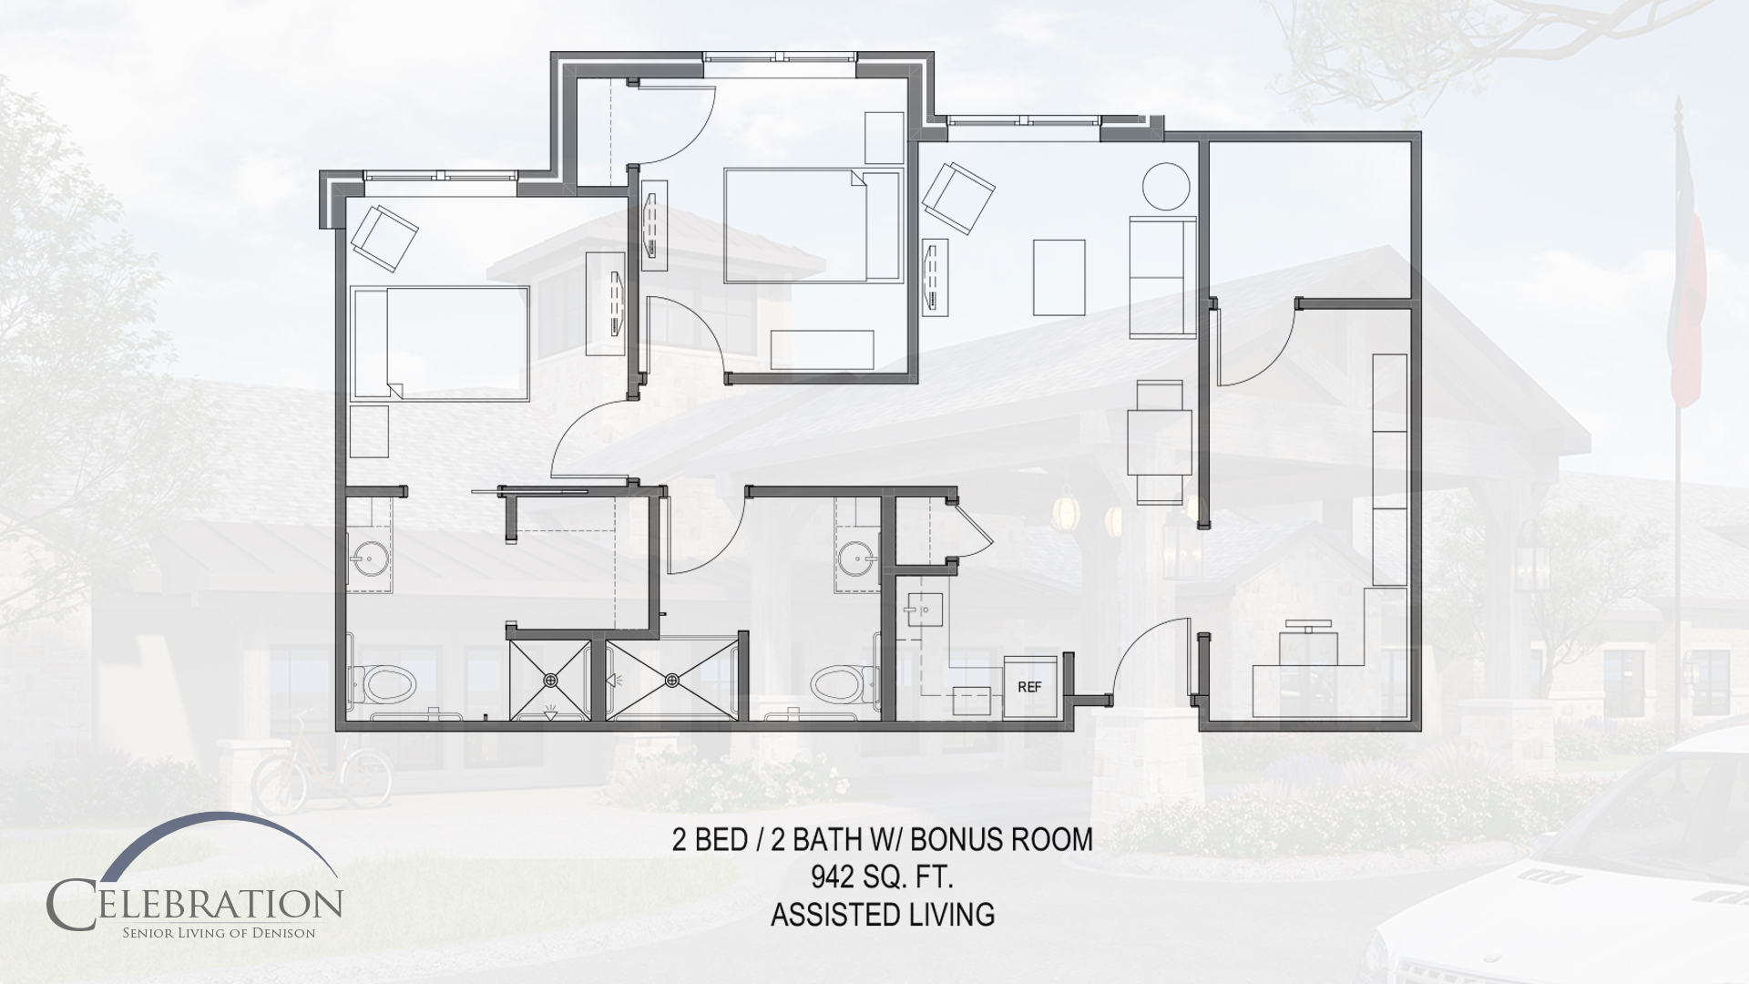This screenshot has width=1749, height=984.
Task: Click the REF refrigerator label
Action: click(1029, 688)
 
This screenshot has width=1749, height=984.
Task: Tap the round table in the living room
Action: click(1167, 187)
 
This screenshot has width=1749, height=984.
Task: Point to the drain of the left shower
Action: click(551, 680)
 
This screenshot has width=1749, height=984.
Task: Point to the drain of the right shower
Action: click(672, 680)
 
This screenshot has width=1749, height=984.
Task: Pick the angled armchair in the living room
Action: click(957, 200)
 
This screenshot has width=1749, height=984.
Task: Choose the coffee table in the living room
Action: click(1059, 277)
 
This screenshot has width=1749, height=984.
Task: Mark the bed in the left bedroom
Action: click(440, 343)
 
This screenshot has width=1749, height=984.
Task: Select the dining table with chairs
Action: click(1160, 442)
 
